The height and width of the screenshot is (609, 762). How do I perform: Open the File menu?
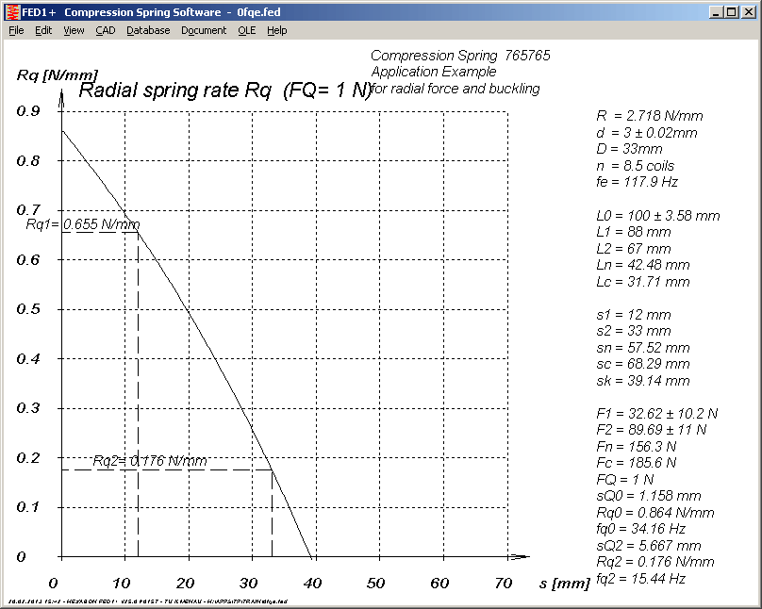coord(16,30)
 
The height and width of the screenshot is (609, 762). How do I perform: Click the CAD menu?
coord(105,30)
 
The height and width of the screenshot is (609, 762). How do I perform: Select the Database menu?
coord(148,30)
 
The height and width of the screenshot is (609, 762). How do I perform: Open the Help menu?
coord(276,30)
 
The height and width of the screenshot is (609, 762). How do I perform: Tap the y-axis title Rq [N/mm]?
coord(47,75)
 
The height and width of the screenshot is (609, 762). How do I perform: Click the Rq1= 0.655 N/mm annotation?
coord(82,224)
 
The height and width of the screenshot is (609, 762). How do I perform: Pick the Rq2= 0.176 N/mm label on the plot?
coord(149,461)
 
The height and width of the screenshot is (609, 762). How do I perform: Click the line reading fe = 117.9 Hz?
coord(637,182)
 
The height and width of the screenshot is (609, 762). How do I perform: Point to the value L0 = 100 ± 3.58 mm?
coord(658,215)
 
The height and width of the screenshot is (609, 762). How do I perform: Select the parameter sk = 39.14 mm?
coord(643,381)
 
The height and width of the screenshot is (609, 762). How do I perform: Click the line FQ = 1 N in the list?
coord(625,480)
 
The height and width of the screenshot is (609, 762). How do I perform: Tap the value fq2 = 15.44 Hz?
coord(640,579)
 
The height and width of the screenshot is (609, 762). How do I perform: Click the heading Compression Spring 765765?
coord(460,56)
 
